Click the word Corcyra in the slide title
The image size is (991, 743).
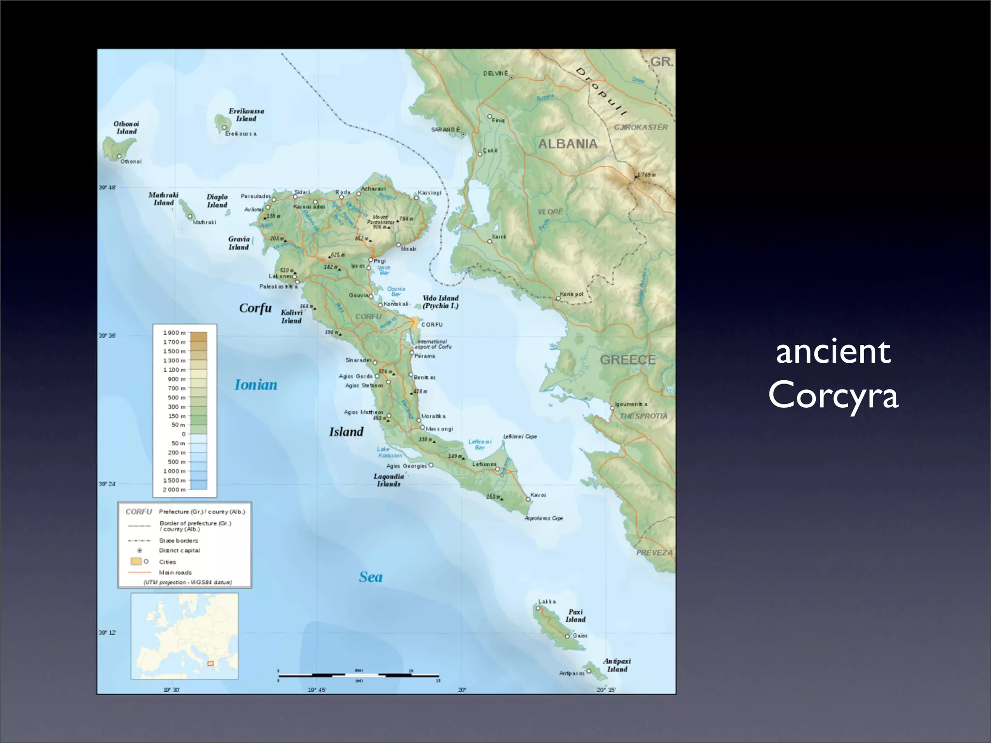pyautogui.click(x=833, y=395)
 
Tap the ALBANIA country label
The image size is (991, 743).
pyautogui.click(x=568, y=144)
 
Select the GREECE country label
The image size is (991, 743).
pyautogui.click(x=628, y=360)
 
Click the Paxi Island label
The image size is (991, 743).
pyautogui.click(x=575, y=616)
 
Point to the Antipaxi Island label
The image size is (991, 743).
pyautogui.click(x=617, y=665)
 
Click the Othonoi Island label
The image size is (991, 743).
pyautogui.click(x=126, y=128)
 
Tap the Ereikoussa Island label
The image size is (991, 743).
pyautogui.click(x=246, y=115)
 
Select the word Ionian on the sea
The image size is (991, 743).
pyautogui.click(x=256, y=385)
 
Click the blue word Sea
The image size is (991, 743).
pyautogui.click(x=371, y=577)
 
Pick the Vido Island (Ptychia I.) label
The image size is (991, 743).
pyautogui.click(x=440, y=302)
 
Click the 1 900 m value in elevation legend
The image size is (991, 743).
pyautogui.click(x=174, y=333)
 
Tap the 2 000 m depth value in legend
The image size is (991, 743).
pyautogui.click(x=174, y=490)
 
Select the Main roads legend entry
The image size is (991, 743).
pyautogui.click(x=175, y=572)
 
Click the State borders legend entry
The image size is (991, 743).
pyautogui.click(x=179, y=541)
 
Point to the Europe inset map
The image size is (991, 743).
pyautogui.click(x=184, y=636)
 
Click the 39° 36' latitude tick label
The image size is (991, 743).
pyautogui.click(x=107, y=336)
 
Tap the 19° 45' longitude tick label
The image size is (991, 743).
pyautogui.click(x=317, y=690)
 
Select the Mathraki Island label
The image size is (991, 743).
pyautogui.click(x=164, y=199)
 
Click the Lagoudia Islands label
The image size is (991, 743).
pyautogui.click(x=389, y=480)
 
